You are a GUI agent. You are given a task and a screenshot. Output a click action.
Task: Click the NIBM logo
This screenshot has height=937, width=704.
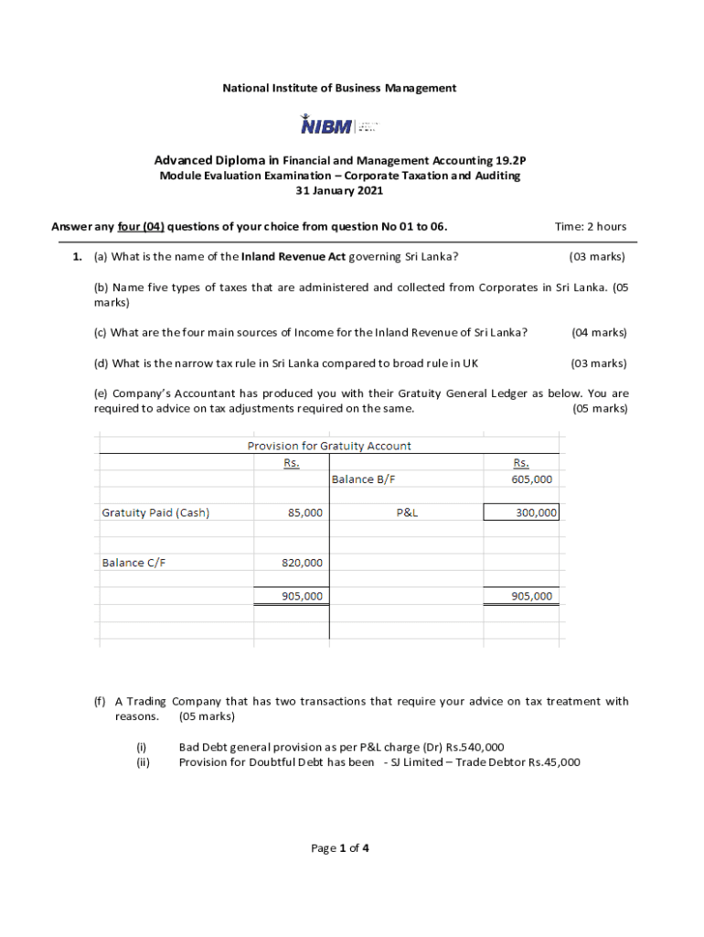(x=339, y=124)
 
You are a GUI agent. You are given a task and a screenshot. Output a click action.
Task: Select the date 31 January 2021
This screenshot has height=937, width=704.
(x=339, y=191)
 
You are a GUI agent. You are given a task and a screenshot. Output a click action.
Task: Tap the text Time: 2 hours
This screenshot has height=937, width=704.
(x=591, y=227)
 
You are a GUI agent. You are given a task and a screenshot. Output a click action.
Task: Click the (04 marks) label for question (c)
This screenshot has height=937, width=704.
(x=599, y=332)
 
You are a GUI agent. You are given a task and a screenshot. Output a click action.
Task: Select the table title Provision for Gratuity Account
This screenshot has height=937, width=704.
(x=329, y=446)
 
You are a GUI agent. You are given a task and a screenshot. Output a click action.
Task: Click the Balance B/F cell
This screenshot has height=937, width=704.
(x=363, y=479)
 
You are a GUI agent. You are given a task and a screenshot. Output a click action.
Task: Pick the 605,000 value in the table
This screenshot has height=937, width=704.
(x=531, y=479)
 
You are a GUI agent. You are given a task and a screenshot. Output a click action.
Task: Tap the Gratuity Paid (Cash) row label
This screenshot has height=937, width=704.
(x=155, y=512)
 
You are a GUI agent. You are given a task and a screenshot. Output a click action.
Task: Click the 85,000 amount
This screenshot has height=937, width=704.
(x=304, y=512)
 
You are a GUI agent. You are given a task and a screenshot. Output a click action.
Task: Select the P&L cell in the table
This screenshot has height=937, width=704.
(x=407, y=512)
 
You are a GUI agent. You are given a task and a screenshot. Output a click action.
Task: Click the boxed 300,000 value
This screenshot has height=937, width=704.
(x=536, y=512)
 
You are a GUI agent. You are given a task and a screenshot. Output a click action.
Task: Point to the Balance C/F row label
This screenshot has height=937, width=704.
(x=133, y=563)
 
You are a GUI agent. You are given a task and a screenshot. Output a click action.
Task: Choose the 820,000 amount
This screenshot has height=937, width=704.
(x=302, y=563)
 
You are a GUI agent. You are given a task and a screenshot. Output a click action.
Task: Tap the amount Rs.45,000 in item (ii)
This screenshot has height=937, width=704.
(x=554, y=761)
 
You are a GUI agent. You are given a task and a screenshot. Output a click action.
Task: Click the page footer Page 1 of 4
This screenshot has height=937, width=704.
(x=339, y=848)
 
